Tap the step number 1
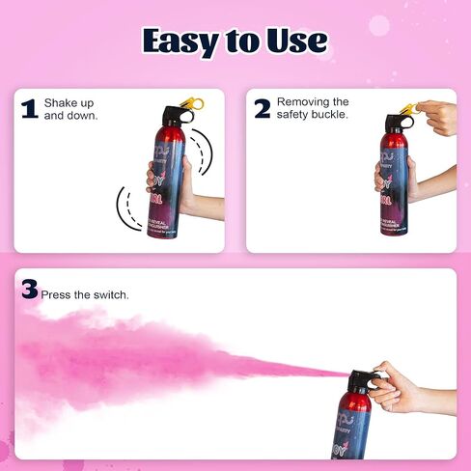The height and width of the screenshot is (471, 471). [x=29, y=108]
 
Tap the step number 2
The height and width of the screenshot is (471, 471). [x=262, y=108]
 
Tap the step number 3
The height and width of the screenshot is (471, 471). [x=29, y=289]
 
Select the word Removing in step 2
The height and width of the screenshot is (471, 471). [x=300, y=101]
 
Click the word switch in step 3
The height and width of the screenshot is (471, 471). [x=111, y=294]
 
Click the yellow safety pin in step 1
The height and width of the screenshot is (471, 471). [x=195, y=101]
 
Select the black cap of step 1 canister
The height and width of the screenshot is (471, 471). [x=179, y=112]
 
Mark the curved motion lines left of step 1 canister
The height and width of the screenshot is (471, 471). [x=128, y=208]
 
